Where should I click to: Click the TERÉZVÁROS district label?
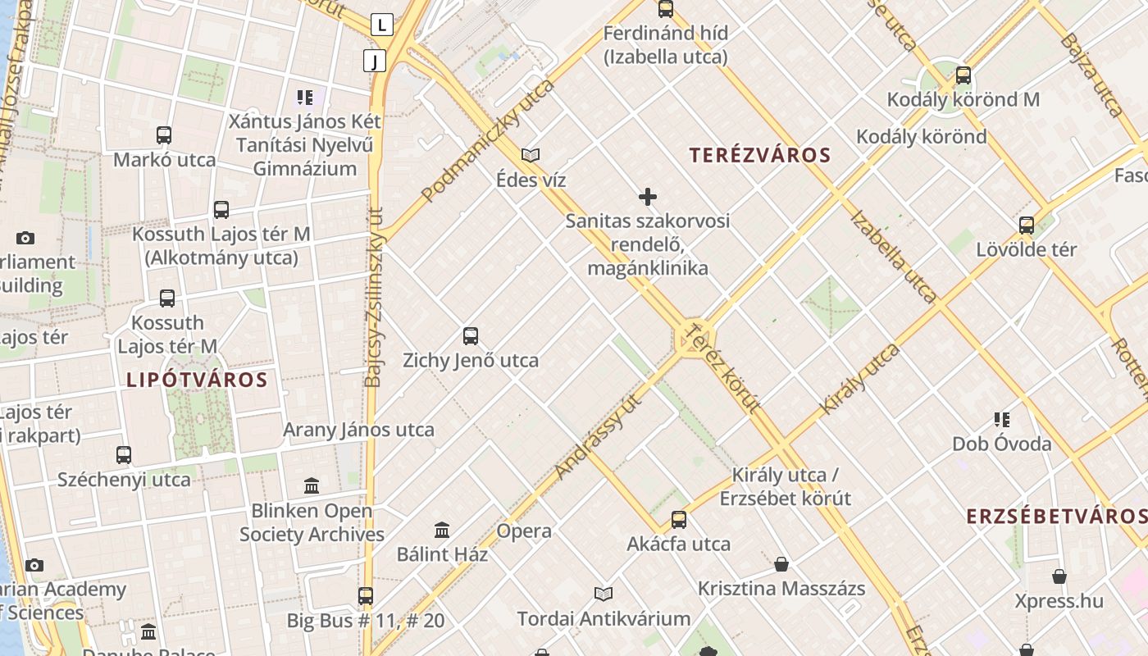[x=760, y=155]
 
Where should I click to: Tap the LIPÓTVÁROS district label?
[x=197, y=380]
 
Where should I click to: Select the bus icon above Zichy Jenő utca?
[x=471, y=335]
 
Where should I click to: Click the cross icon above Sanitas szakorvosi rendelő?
[x=648, y=197]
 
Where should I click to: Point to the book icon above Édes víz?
[x=531, y=155]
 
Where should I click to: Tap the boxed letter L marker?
[x=381, y=25]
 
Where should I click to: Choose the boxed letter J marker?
[x=375, y=60]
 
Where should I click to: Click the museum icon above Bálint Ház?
[x=442, y=530]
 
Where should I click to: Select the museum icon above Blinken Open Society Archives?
[x=312, y=486]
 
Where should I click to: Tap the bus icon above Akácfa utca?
[x=679, y=519]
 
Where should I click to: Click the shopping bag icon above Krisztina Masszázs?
[x=781, y=564]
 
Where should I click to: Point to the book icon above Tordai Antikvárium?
[x=604, y=594]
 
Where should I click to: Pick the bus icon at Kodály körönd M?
[x=963, y=75]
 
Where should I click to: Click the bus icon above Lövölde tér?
[x=1026, y=225]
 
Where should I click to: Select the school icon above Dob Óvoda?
[x=1001, y=420]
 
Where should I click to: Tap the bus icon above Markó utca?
[x=164, y=135]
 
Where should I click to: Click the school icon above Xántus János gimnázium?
[x=305, y=98]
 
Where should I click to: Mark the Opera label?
[x=524, y=531]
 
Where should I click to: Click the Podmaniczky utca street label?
[x=488, y=141]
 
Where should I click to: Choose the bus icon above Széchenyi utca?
[x=124, y=455]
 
